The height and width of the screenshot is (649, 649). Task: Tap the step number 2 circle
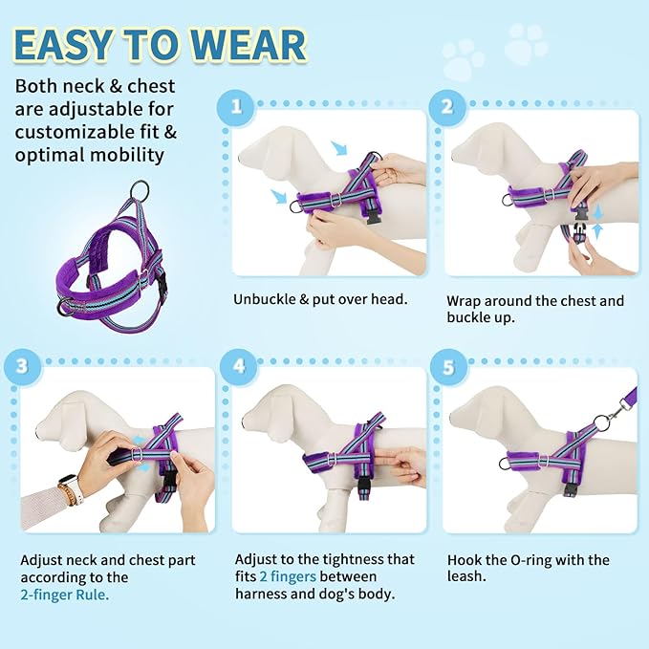[x=445, y=106]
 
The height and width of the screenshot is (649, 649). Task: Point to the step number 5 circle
[x=445, y=364]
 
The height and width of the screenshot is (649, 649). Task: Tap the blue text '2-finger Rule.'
[x=65, y=594]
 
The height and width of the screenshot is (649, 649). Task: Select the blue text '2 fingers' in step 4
[x=288, y=576]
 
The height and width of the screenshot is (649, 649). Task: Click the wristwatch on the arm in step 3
[x=68, y=492]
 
